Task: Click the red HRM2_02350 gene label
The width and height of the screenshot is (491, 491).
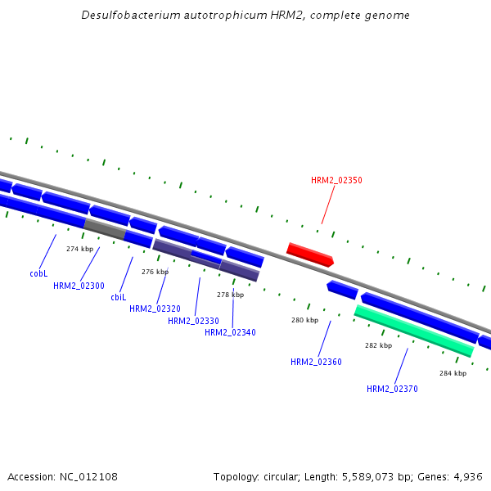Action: tap(336, 180)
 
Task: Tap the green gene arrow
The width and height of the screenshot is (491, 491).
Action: tap(413, 331)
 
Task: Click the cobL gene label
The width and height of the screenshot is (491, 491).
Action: tap(38, 273)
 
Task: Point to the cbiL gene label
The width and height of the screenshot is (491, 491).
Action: tap(118, 297)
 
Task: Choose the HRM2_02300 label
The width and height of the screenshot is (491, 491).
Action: tap(79, 286)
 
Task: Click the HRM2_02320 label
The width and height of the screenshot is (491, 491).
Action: tap(155, 309)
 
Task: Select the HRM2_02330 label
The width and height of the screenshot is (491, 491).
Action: tap(193, 321)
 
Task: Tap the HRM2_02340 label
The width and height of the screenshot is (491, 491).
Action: tap(230, 332)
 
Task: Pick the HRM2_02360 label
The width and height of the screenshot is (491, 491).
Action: tap(316, 362)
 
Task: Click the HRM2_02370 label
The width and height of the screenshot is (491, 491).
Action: tap(392, 389)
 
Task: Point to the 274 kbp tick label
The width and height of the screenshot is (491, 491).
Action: tap(79, 249)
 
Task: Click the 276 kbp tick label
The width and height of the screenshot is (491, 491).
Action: tap(155, 272)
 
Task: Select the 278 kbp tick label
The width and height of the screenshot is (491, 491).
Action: tap(230, 295)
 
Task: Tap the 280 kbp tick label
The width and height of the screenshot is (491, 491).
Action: tap(304, 320)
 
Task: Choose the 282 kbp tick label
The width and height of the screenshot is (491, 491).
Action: tap(378, 345)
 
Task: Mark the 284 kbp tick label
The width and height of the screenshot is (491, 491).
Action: tap(453, 373)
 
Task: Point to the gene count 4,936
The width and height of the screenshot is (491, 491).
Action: tap(466, 476)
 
